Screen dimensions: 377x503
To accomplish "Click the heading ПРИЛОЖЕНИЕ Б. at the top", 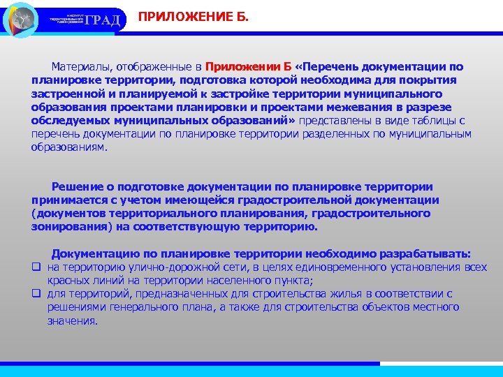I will (x=193, y=16).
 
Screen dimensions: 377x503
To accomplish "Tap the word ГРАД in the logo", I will (x=106, y=19).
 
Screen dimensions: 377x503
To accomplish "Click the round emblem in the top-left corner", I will (x=20, y=19).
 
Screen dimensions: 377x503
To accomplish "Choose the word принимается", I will (x=68, y=200).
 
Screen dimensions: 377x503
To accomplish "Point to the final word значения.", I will (x=73, y=320).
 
